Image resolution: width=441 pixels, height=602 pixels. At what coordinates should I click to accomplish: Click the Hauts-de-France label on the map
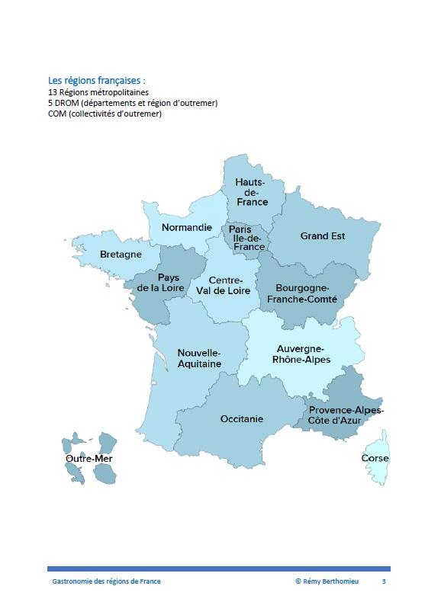tap(251, 192)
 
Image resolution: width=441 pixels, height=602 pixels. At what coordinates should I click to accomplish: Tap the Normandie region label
tap(186, 227)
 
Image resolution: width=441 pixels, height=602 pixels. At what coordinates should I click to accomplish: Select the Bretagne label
tap(121, 254)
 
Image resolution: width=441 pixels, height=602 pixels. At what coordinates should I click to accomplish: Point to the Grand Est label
tap(322, 236)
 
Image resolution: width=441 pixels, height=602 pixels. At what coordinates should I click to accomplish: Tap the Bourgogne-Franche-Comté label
tap(301, 293)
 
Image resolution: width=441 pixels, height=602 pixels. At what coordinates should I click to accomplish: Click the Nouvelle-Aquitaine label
tap(198, 358)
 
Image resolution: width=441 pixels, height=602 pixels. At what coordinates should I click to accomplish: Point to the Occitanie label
tap(241, 418)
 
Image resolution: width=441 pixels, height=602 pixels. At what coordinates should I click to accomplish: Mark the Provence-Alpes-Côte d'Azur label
tap(346, 415)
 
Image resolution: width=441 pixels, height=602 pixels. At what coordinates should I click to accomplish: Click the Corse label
tap(375, 458)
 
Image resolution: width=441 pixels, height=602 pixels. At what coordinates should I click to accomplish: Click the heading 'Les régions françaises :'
tap(96, 79)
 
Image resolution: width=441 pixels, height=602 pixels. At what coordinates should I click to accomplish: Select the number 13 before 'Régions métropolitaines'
tap(52, 92)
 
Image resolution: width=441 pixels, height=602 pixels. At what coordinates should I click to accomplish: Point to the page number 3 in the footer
tap(384, 581)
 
